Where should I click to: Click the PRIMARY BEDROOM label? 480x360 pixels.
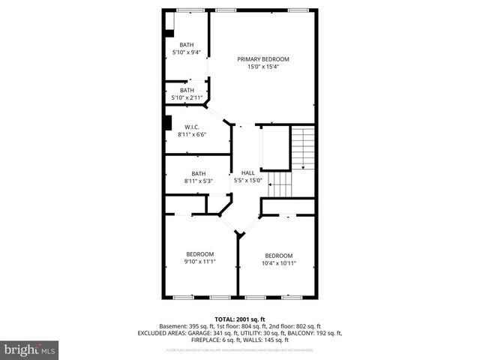pos(262,59)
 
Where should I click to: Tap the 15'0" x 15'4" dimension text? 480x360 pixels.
pos(262,67)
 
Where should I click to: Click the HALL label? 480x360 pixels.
pos(247,172)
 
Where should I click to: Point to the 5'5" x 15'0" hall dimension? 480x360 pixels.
pos(247,180)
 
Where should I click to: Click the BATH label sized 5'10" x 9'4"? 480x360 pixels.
pos(186,45)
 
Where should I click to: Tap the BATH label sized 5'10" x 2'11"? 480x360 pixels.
pos(186,90)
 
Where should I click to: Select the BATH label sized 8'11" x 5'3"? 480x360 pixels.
pos(198,173)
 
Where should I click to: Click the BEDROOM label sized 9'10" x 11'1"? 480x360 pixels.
pos(200,254)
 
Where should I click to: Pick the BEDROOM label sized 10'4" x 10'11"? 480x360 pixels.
pos(278,255)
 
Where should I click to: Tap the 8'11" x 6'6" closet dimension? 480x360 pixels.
pos(193,135)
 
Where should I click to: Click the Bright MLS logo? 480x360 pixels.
pos(29,349)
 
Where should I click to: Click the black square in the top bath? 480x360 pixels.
pos(169,33)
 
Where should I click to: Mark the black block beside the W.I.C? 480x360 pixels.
pos(167,124)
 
